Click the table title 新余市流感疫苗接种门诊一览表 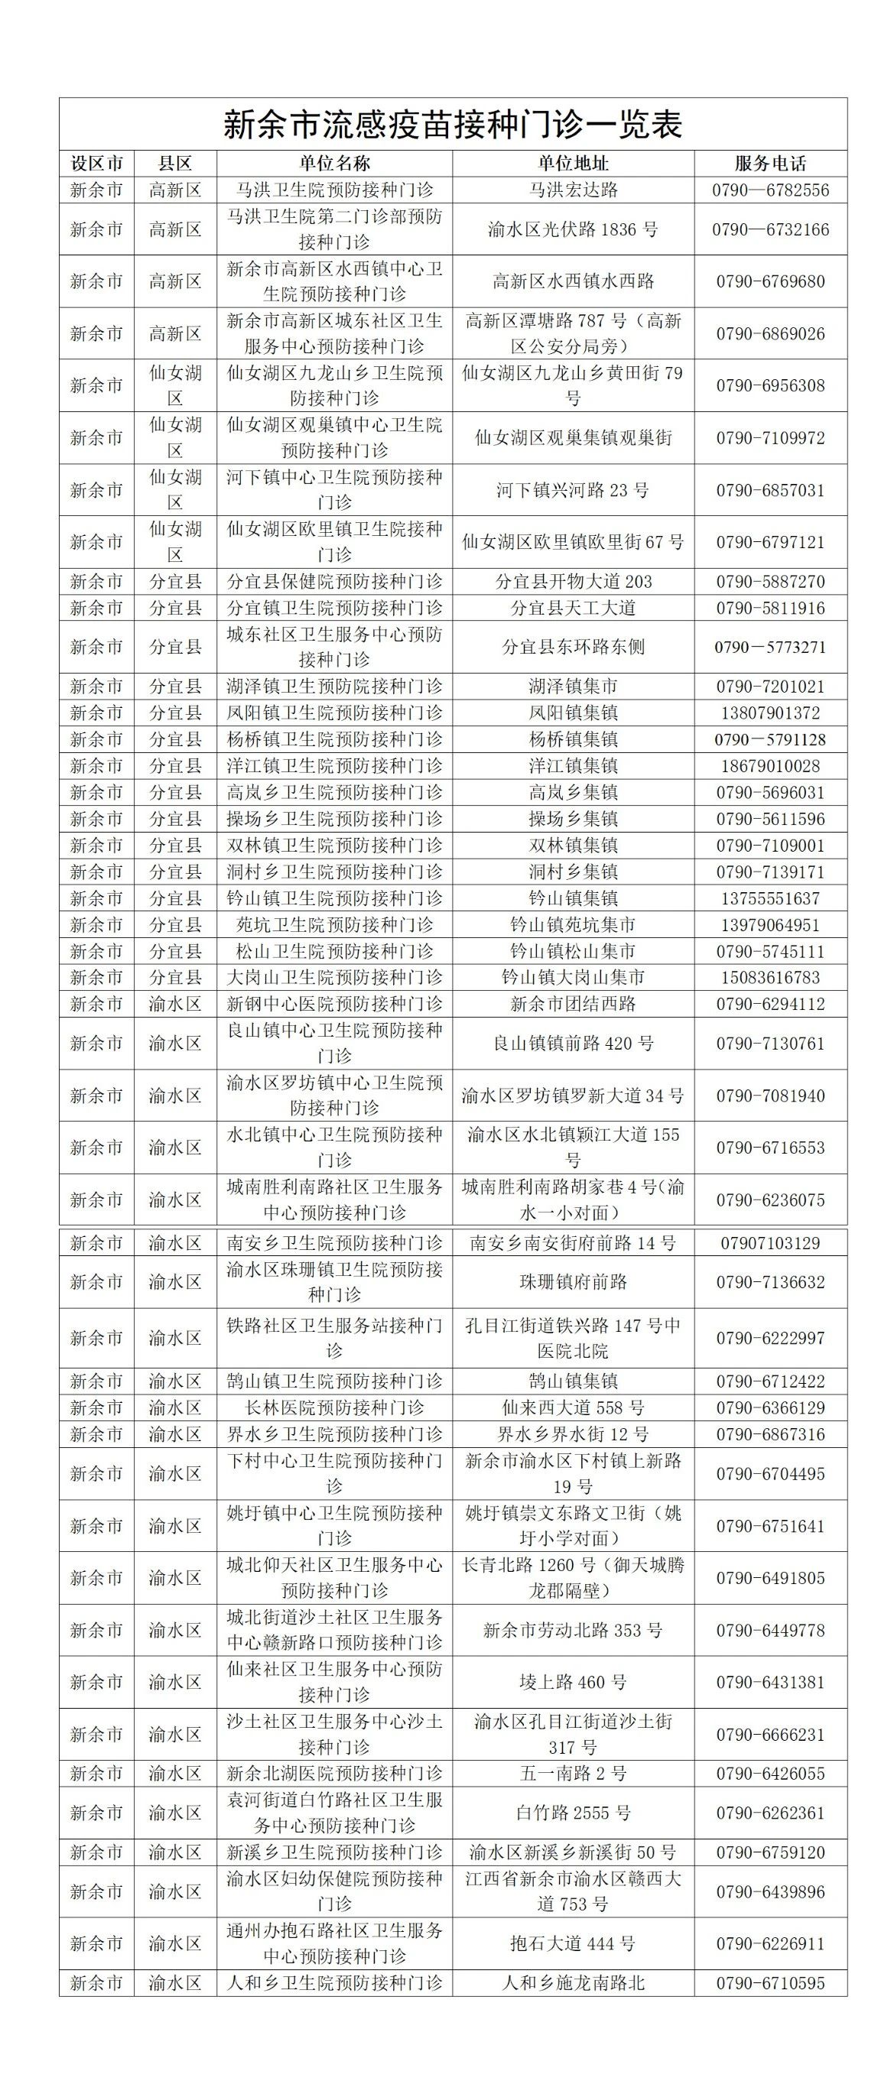(452, 125)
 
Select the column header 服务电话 (770, 164)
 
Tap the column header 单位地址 (573, 164)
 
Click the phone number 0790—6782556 (770, 190)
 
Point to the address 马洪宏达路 (573, 190)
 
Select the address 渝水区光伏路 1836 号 (573, 229)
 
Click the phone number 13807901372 (770, 713)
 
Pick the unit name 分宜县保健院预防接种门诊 (334, 581)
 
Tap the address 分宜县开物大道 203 (573, 581)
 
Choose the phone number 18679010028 (770, 766)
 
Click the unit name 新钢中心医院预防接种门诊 (334, 1004)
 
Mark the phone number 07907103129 (770, 1243)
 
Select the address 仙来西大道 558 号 (573, 1407)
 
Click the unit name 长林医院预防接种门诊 (334, 1407)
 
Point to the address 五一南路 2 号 (573, 1774)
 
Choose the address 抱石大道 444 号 (573, 1943)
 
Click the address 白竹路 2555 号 (573, 1813)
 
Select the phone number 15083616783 (770, 977)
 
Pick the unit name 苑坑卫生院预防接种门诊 (334, 924)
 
